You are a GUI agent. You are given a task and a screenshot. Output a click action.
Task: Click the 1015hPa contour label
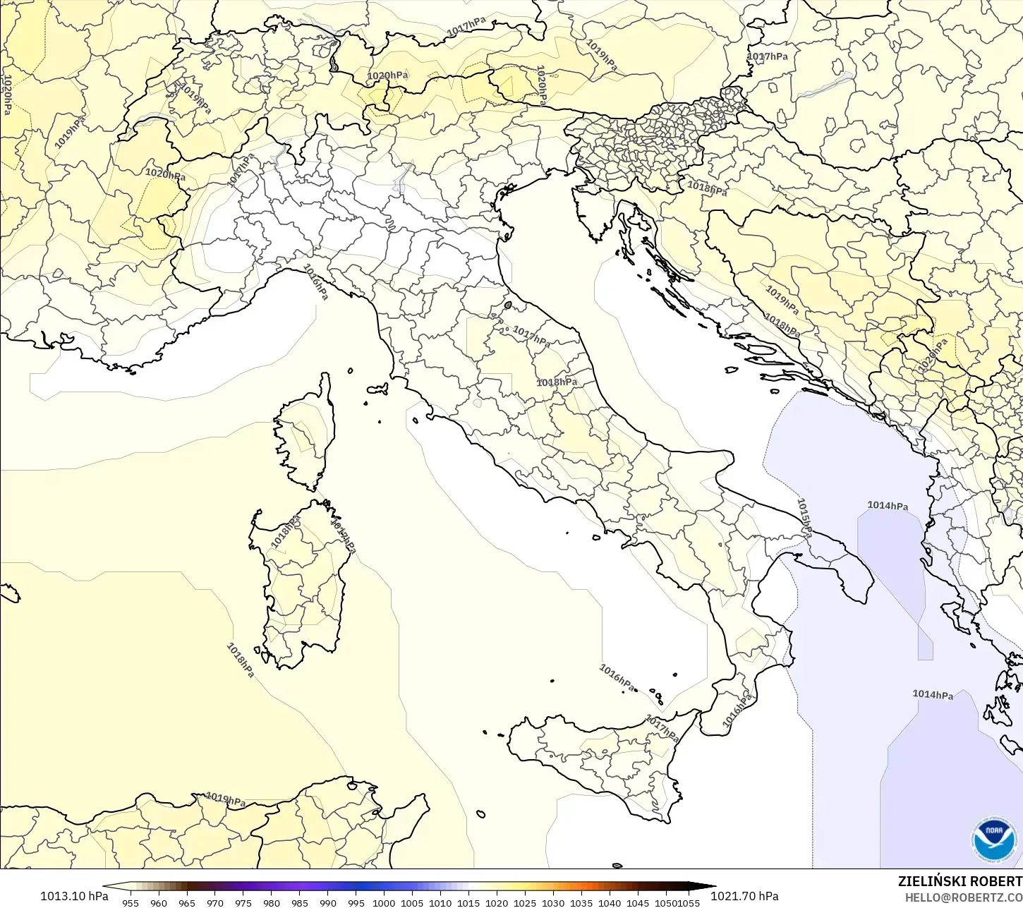[x=804, y=518]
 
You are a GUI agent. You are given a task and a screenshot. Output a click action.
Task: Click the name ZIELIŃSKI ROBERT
[x=960, y=881]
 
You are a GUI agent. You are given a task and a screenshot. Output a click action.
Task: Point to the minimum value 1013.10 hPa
[x=74, y=896]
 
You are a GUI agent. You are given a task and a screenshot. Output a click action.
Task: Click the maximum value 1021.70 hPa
[x=744, y=896]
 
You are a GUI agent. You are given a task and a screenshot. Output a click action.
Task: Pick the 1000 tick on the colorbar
[x=384, y=902]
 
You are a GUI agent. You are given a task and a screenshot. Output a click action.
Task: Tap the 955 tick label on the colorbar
[x=131, y=902]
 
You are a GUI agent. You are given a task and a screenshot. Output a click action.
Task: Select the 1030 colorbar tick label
[x=553, y=902]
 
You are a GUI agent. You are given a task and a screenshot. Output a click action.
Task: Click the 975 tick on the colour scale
[x=243, y=902]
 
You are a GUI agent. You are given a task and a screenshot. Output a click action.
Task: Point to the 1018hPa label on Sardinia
[x=286, y=533]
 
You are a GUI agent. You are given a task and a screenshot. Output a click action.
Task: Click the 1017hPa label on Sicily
[x=662, y=729]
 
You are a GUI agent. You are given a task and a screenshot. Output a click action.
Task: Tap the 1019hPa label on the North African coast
[x=225, y=799]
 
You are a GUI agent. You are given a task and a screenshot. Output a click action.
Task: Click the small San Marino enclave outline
[x=508, y=305]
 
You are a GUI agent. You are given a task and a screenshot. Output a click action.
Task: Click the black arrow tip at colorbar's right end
[x=711, y=887]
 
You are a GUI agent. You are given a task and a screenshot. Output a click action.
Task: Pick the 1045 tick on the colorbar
[x=638, y=902]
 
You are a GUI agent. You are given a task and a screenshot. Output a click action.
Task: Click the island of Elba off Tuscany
[x=377, y=389]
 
